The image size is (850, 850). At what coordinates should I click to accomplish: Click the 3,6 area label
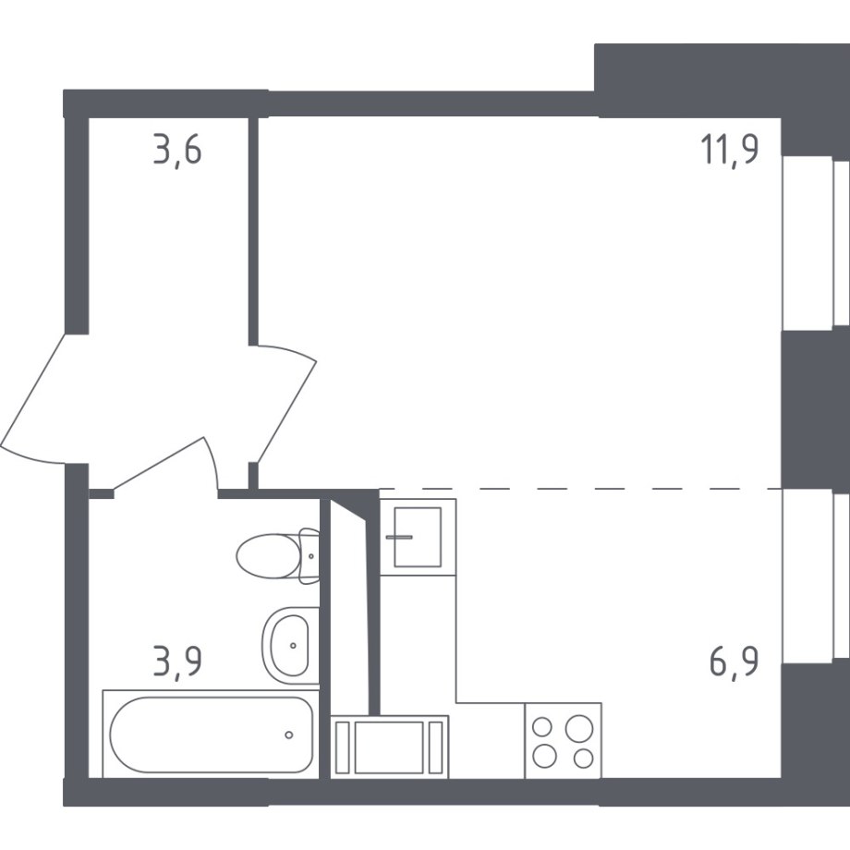[177, 151]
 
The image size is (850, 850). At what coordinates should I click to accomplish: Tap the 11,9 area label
[730, 151]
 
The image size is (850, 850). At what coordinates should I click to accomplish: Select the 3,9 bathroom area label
[177, 662]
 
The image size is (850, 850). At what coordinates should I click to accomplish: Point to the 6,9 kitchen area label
[734, 662]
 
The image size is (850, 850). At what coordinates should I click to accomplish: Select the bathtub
[211, 734]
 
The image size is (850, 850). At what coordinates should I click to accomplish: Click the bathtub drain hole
[289, 735]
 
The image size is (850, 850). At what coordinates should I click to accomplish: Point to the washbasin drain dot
[293, 645]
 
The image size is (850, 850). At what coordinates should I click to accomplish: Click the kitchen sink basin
[417, 537]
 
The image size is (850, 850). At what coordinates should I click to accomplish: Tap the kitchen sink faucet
[399, 537]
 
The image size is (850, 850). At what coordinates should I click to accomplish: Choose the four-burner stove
[563, 740]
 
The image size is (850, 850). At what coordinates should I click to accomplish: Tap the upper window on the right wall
[815, 243]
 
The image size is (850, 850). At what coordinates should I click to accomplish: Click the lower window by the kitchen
[815, 576]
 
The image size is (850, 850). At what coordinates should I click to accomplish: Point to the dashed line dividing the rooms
[580, 489]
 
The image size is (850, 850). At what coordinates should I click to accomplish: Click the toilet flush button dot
[311, 556]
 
